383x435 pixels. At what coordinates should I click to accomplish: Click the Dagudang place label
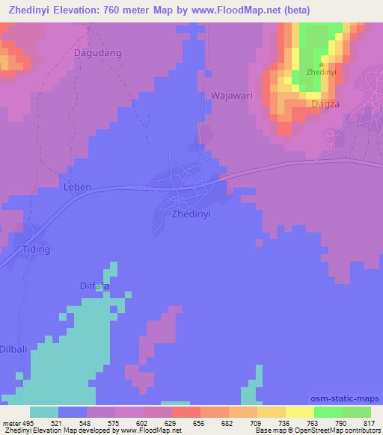point(98,53)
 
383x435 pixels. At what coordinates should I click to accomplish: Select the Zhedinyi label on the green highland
point(322,72)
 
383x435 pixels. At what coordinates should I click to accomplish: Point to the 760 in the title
point(124,11)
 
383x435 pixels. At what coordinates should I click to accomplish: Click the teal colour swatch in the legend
point(44,412)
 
